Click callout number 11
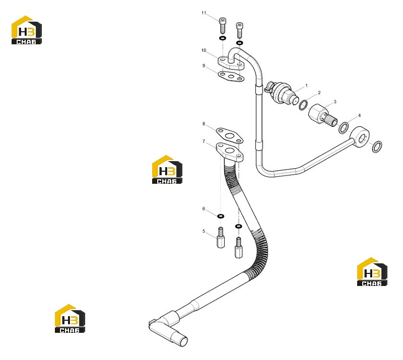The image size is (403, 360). coord(204,13)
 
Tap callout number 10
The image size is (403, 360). coord(204,50)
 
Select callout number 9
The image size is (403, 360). coord(204,66)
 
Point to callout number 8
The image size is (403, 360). coord(204,124)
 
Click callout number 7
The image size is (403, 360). coord(204,141)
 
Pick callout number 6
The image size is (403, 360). coord(204,208)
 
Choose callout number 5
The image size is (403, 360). coord(204,231)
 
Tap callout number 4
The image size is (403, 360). coord(359,115)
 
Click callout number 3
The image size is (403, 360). coord(335,102)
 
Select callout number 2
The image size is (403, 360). coord(319,93)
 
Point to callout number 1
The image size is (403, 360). coord(306,85)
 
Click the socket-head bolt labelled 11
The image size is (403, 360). coord(223,25)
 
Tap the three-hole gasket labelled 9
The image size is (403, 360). coord(231,77)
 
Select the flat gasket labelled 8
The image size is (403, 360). coord(229,135)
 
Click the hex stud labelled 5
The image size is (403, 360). coord(221,238)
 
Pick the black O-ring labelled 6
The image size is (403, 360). coord(221,216)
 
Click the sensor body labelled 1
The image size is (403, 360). coord(282,93)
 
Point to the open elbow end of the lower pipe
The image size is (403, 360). coord(183,342)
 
